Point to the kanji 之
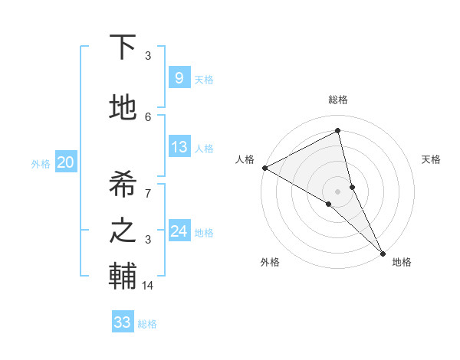[x=123, y=231]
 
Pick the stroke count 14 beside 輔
[x=149, y=286]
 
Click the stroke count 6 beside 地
[x=148, y=116]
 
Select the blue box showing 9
[x=179, y=77]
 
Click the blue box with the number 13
[x=179, y=147]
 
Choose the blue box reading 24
[x=179, y=231]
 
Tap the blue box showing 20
[x=65, y=162]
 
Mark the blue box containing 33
[x=122, y=322]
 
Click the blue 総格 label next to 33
[x=147, y=324]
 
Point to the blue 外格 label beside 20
[x=41, y=163]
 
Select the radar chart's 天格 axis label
[x=431, y=159]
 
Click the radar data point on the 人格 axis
[x=264, y=168]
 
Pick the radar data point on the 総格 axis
[x=337, y=131]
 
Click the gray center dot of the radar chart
[x=337, y=191]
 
